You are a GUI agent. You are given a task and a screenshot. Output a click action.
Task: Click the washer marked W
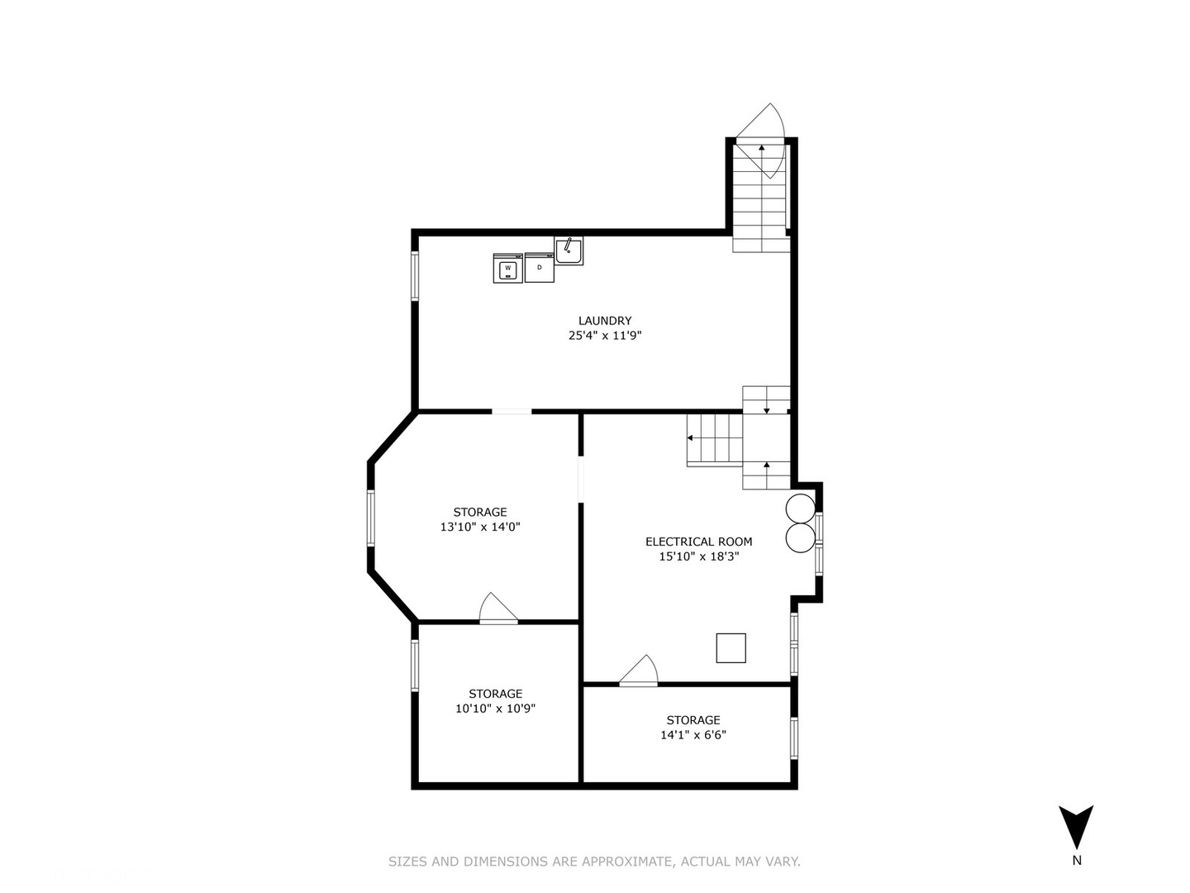point(507,268)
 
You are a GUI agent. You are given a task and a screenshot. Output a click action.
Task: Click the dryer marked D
point(539,267)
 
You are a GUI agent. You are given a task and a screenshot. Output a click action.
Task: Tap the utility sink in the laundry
point(569,250)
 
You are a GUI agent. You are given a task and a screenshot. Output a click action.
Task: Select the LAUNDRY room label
point(605,321)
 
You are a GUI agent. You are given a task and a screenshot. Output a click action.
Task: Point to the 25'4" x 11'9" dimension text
point(605,336)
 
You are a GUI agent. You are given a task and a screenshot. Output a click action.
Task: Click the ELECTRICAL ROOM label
point(698,542)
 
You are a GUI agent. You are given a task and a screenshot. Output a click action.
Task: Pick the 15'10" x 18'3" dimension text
point(698,556)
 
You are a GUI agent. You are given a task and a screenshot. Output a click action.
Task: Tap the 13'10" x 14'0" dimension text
point(480,527)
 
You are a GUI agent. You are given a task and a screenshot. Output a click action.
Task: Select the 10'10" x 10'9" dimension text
point(496,709)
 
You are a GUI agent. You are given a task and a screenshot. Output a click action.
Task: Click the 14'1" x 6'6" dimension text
point(693,735)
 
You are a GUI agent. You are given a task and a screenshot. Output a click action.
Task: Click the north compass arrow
point(1076,826)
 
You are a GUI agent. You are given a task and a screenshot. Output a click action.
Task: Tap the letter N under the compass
point(1076,861)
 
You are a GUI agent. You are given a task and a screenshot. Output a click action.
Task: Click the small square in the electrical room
point(731,647)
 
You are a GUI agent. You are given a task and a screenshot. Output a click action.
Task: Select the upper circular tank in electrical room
point(800,508)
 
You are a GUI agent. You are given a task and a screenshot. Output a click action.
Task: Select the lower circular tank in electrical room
point(800,537)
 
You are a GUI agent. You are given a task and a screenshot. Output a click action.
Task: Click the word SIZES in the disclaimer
point(408,862)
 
